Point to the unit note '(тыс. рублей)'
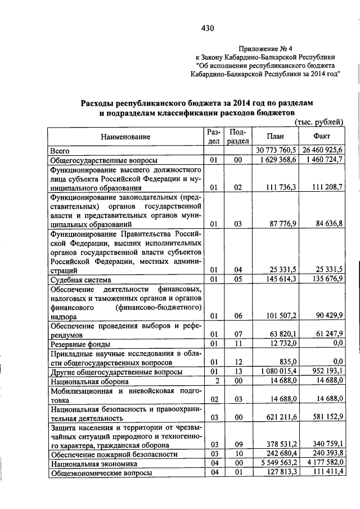[x=319, y=122]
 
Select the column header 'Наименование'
[x=126, y=137]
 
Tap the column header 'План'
[x=275, y=137]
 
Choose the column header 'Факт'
[x=323, y=137]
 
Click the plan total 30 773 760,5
[x=276, y=151]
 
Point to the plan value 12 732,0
[x=282, y=344]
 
